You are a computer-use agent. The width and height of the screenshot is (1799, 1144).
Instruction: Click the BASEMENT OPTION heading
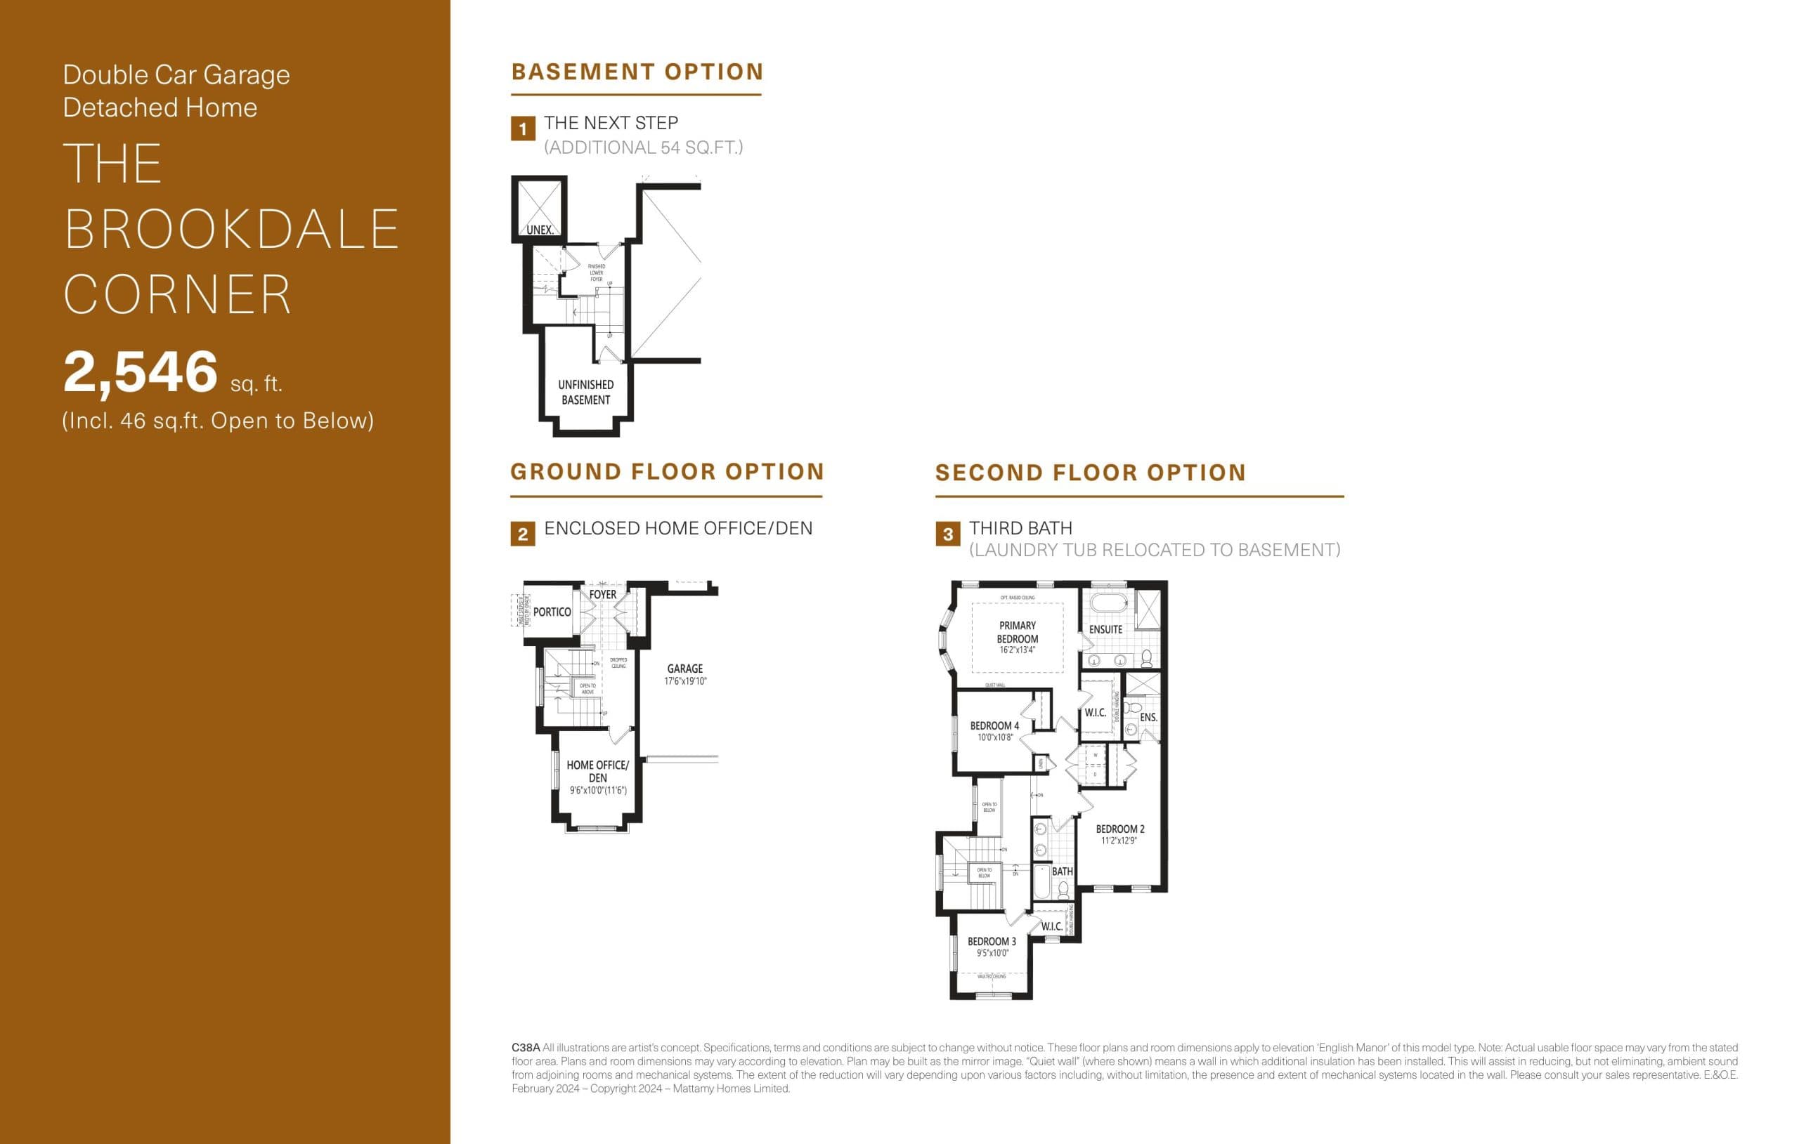[x=637, y=72]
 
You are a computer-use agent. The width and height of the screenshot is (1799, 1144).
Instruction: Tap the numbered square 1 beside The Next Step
[x=522, y=129]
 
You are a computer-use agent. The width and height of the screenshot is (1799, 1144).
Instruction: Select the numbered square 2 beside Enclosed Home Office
[x=522, y=534]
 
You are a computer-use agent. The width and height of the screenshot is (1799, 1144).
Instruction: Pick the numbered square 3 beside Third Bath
[x=947, y=534]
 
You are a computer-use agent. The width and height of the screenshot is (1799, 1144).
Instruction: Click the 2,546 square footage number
[x=141, y=372]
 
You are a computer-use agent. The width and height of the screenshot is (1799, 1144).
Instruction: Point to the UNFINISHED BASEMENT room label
[x=585, y=392]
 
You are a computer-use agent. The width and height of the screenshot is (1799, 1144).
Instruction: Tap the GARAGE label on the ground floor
[x=684, y=669]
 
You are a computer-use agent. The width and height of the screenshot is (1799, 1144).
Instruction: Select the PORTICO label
[x=552, y=612]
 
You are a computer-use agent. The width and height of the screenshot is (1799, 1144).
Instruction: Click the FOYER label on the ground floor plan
[x=603, y=595]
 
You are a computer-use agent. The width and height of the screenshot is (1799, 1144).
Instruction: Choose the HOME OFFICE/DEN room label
[x=597, y=770]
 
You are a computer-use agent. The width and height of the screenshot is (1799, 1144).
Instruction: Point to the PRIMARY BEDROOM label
[x=1017, y=633]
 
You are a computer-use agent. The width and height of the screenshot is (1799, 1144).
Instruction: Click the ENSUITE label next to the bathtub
[x=1105, y=629]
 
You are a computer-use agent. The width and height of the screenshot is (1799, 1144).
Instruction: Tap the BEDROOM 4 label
[x=994, y=726]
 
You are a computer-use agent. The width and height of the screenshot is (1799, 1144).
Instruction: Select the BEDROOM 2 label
[x=1119, y=829]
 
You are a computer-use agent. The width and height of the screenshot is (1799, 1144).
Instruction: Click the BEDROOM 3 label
[x=992, y=942]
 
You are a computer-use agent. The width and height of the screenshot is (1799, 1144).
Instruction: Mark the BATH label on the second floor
[x=1062, y=872]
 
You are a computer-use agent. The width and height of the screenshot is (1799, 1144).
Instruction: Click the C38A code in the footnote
[x=525, y=1048]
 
